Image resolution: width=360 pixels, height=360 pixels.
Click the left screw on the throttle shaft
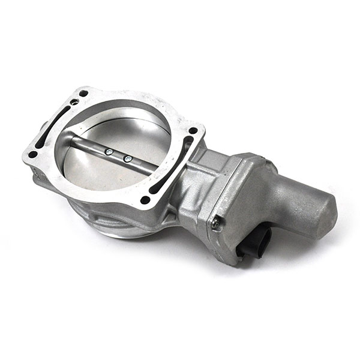coord(109,152)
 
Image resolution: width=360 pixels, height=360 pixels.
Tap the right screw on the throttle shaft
coord(127,159)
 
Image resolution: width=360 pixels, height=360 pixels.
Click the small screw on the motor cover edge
coord(215,223)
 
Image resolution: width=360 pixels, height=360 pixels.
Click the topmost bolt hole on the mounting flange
coord(83,94)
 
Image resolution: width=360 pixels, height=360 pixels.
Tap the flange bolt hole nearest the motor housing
coord(193,130)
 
